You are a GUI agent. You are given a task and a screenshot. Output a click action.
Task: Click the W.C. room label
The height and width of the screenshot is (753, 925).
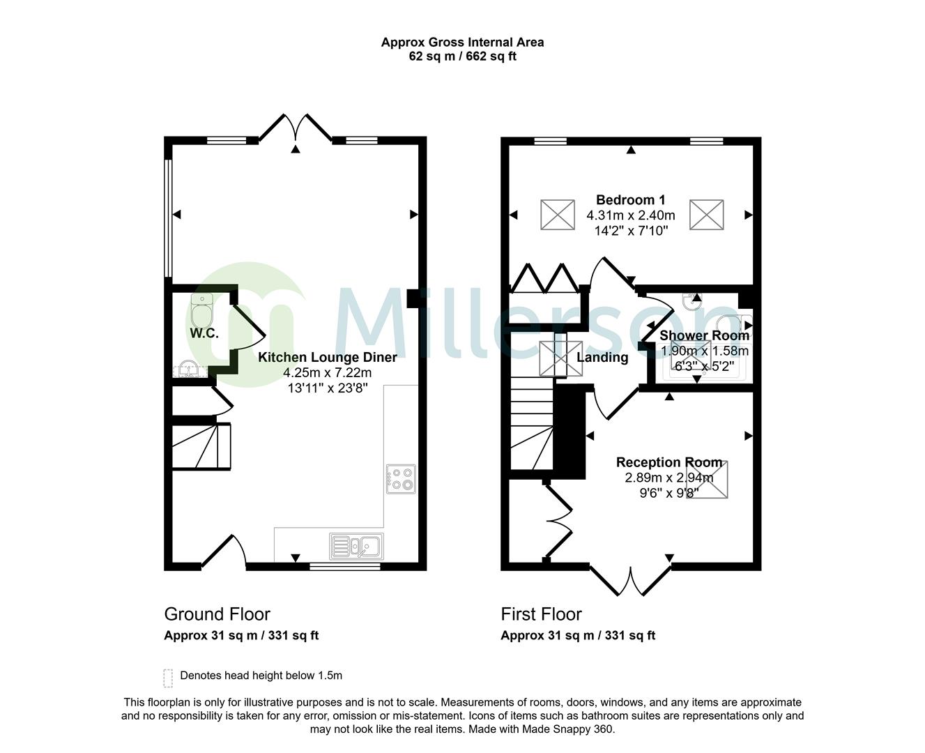coord(204,333)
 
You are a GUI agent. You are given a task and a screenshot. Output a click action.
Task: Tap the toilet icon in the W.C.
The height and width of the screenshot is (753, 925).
coord(201,307)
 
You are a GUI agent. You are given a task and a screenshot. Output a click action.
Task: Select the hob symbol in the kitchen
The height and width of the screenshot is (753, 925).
coord(401,479)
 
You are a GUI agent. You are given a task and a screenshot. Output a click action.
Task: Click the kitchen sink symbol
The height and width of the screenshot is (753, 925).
coord(357,546)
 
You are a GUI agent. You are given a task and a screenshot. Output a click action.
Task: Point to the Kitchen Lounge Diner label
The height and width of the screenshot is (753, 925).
coord(328,358)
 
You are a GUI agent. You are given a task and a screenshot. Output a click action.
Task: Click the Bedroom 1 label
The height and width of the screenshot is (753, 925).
coord(630,200)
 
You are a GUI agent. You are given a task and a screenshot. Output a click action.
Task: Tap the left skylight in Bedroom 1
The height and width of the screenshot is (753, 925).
coord(558,214)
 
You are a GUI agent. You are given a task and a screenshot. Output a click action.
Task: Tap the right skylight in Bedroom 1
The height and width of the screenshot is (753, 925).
coord(707,214)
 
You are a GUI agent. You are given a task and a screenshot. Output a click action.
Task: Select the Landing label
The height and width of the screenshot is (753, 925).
coord(602,358)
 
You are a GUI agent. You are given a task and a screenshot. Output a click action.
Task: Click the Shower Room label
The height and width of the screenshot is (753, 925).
coord(704,335)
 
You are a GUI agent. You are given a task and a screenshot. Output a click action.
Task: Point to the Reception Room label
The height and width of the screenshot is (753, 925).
coord(668,462)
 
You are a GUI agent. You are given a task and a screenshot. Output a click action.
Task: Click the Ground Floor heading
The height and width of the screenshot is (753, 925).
coord(217,614)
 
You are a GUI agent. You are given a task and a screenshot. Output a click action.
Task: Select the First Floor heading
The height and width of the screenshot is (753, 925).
coord(541,614)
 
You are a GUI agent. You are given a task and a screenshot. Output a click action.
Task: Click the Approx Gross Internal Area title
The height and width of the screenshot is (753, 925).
coord(462,42)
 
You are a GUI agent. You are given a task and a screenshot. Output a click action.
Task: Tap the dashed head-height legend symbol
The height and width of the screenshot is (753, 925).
coord(168,677)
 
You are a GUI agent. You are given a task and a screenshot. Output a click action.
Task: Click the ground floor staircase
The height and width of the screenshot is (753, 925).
coord(201,446)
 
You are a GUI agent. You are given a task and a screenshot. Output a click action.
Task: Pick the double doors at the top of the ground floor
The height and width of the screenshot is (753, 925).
coord(296,129)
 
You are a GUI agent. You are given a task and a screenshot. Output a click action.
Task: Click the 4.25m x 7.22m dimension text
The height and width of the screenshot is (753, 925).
coord(328,373)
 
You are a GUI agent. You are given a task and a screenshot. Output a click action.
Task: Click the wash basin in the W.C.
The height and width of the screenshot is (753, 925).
coord(187,369)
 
